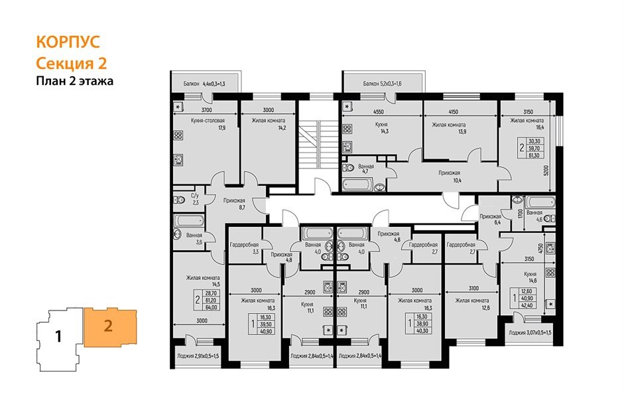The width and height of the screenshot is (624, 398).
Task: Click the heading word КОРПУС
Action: (x=67, y=42)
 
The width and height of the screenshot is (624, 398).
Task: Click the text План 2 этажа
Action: (x=74, y=82)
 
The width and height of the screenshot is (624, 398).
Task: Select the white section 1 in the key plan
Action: (x=58, y=336)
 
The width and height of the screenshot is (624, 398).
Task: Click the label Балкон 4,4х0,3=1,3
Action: (x=204, y=84)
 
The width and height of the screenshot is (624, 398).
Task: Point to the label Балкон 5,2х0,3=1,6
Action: (x=383, y=84)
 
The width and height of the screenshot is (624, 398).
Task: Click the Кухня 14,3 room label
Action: (x=380, y=128)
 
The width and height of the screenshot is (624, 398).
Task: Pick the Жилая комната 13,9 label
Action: (x=449, y=128)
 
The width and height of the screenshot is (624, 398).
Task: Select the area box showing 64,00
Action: (x=212, y=307)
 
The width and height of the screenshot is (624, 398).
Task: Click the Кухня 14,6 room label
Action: (x=529, y=277)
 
